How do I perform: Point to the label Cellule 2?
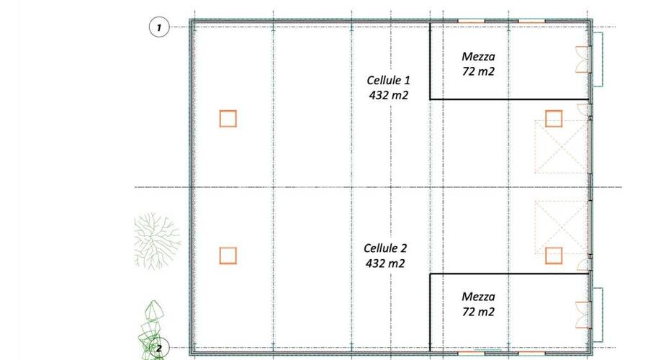click(x=385, y=249)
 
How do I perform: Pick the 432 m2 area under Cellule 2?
click(x=385, y=263)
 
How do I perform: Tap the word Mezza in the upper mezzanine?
click(x=478, y=56)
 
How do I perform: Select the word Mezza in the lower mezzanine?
click(x=478, y=297)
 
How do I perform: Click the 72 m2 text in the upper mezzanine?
click(x=478, y=71)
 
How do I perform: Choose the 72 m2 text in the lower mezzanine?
click(x=478, y=311)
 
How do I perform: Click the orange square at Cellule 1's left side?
click(x=228, y=118)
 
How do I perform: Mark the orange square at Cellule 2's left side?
click(x=228, y=255)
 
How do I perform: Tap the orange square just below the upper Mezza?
click(x=553, y=118)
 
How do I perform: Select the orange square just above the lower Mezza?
click(x=553, y=255)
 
